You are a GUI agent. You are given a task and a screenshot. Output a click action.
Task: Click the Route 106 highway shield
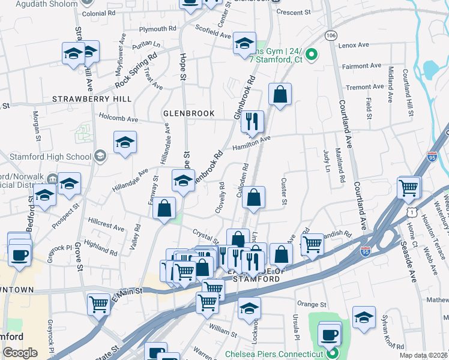pos(330,36)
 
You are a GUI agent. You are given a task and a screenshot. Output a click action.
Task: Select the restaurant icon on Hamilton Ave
pos(253,122)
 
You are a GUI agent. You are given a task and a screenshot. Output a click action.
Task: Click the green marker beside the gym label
pos(312,56)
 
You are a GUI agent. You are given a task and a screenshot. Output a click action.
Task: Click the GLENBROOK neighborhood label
pos(188,113)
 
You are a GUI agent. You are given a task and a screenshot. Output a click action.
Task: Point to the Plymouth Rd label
pos(157,28)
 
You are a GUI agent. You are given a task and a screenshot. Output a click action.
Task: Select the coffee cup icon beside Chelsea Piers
pos(329,334)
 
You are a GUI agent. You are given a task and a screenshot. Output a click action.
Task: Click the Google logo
pos(20,353)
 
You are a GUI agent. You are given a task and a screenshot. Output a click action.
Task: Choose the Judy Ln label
pos(327,161)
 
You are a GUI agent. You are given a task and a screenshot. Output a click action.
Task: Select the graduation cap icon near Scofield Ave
pos(244,44)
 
